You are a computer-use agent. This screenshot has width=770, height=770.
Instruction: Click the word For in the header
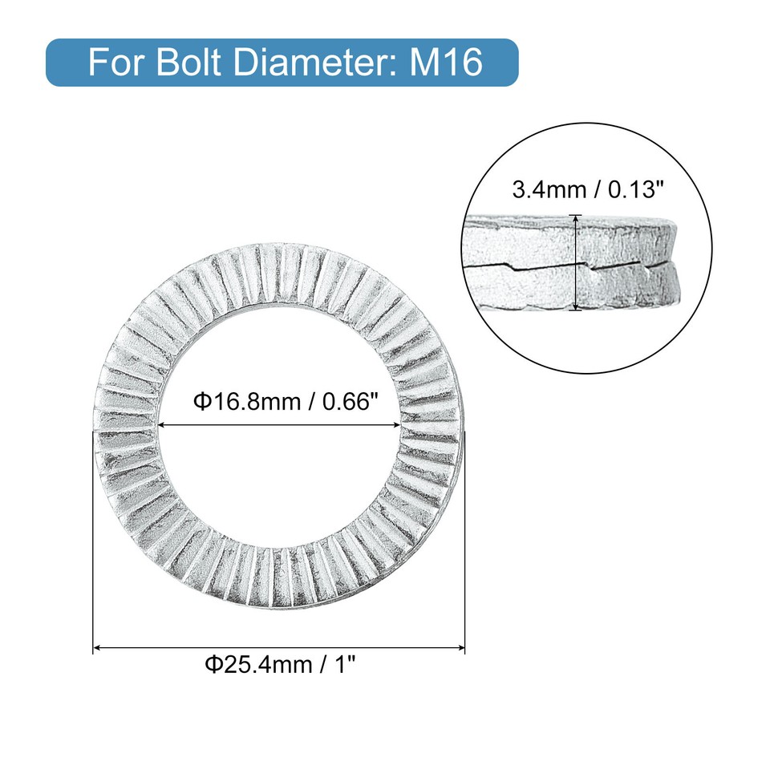[113, 62]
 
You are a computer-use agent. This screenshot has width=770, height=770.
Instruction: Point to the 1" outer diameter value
[340, 665]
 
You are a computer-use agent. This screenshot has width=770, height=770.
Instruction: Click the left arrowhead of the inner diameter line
[162, 425]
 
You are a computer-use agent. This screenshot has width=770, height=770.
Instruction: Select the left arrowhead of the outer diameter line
[98, 646]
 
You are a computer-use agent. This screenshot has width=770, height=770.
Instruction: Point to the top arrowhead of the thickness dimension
[575, 219]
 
